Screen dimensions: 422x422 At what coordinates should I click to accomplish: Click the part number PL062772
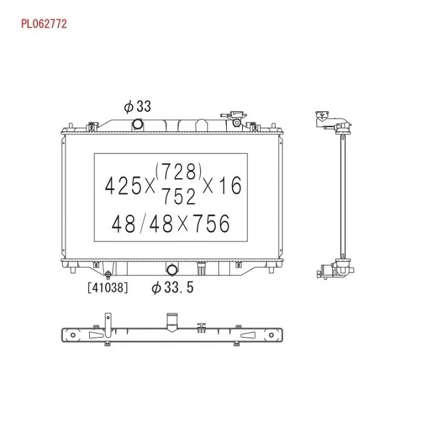pos(44,24)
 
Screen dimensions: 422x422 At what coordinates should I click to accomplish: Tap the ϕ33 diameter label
pos(137,106)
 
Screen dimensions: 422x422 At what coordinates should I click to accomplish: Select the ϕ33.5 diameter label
pos(172,287)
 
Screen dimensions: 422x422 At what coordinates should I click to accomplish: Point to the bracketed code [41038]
pos(108,287)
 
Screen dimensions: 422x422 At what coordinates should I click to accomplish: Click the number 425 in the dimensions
pos(123,186)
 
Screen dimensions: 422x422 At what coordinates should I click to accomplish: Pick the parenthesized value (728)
pos(179,171)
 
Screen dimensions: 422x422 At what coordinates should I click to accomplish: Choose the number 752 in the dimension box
pos(179,196)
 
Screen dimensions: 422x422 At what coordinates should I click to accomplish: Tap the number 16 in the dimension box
pos(230,185)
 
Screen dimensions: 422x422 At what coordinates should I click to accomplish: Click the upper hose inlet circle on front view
pos(138,125)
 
